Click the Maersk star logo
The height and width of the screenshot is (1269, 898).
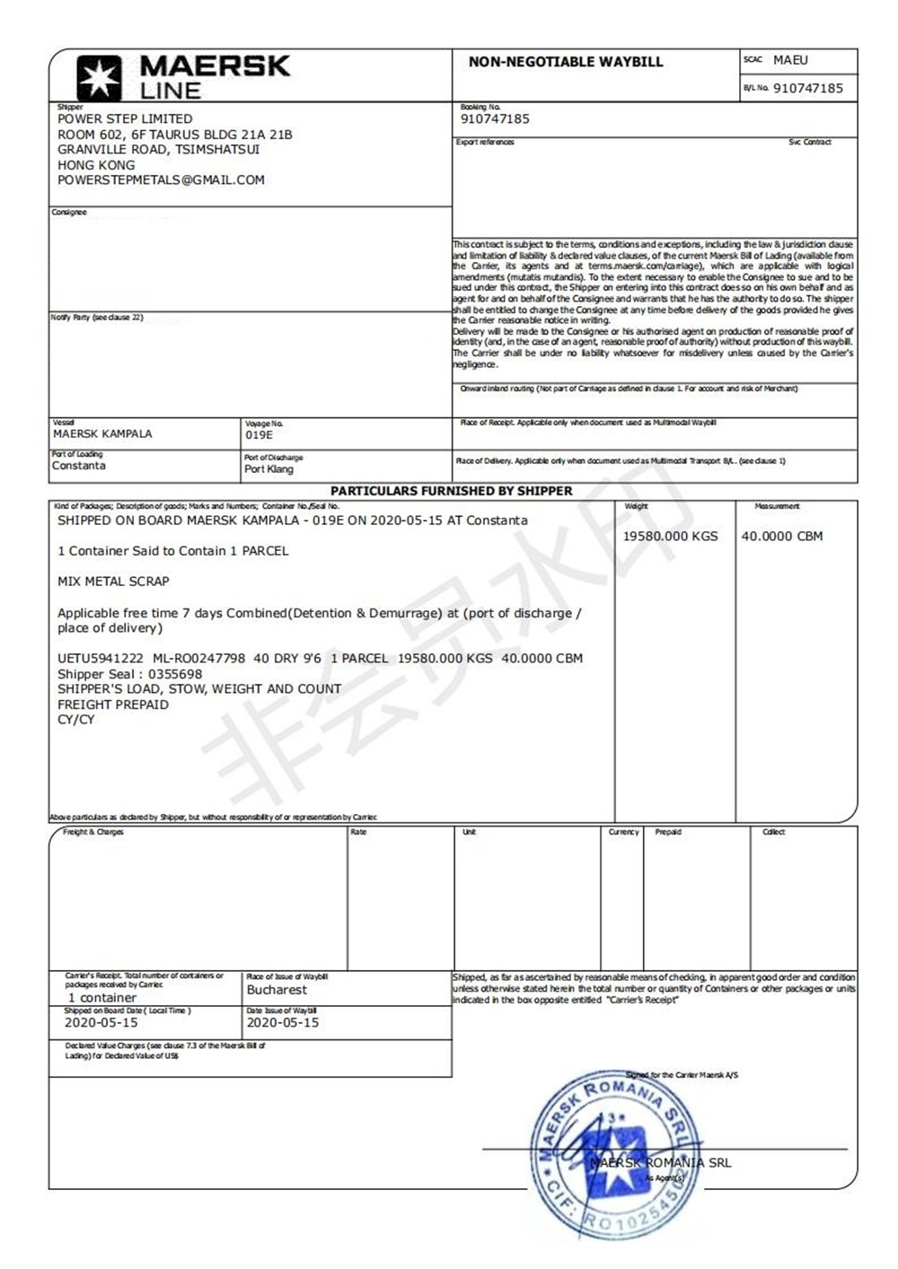pos(98,77)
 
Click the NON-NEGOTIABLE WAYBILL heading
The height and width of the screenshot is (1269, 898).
pos(566,62)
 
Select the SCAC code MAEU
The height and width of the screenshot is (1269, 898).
pos(790,60)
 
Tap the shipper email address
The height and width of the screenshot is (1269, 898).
pos(161,179)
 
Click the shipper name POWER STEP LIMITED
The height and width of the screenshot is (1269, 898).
pos(125,118)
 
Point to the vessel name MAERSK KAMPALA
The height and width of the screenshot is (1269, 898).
pos(102,433)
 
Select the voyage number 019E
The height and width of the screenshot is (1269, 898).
pos(259,434)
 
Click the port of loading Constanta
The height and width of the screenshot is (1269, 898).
pos(79,466)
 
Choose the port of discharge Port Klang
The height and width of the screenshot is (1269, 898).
pos(269,468)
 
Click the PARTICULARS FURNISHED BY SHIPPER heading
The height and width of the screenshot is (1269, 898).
pos(451,491)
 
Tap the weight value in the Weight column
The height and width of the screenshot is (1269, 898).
pos(671,536)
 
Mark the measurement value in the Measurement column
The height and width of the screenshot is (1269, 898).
pos(781,536)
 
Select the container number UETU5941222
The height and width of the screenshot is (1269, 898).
pos(100,658)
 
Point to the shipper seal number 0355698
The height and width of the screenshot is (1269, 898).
pos(175,674)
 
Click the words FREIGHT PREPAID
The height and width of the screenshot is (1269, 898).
pos(113,705)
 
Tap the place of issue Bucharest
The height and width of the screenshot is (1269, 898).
pos(277,990)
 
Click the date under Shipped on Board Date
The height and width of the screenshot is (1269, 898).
pos(101,1022)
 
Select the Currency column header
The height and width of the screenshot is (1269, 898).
pos(623,832)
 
